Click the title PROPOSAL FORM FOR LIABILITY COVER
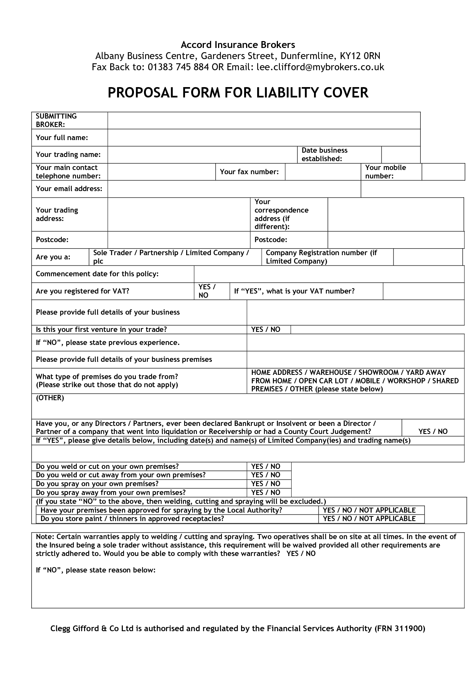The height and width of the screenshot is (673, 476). click(238, 93)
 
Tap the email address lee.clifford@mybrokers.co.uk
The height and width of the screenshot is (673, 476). click(320, 67)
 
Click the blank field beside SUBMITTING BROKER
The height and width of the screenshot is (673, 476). click(264, 120)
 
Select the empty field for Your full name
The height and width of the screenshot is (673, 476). click(264, 138)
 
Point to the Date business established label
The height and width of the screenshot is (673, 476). click(324, 155)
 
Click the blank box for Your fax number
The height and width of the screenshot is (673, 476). click(322, 172)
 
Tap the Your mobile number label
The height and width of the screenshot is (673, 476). click(385, 172)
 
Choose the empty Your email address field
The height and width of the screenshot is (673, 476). click(234, 189)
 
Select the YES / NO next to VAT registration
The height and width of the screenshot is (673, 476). click(207, 291)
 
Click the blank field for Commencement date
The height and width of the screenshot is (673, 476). click(329, 274)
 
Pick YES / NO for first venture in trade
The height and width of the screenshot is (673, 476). click(266, 330)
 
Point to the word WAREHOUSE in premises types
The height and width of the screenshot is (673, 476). click(331, 373)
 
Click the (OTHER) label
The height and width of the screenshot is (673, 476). click(50, 398)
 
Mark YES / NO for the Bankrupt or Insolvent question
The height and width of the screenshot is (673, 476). click(433, 431)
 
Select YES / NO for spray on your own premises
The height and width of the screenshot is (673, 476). click(266, 484)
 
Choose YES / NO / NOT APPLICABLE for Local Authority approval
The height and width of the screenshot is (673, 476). click(369, 510)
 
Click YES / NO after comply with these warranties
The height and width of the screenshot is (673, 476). click(301, 554)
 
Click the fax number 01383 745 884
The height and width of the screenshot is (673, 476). click(178, 67)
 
